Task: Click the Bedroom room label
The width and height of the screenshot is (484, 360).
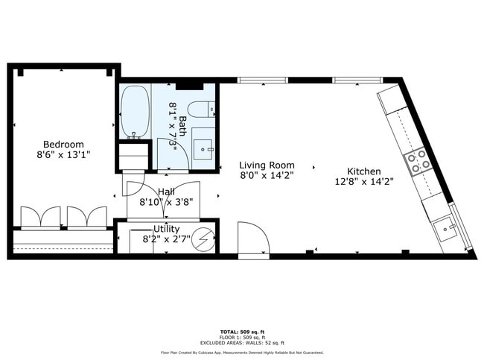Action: [63, 144]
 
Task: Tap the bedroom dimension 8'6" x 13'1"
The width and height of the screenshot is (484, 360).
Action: [63, 156]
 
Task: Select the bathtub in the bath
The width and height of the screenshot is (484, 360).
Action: [134, 112]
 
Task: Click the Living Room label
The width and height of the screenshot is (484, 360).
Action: [267, 165]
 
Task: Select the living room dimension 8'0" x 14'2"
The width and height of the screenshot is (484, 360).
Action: [267, 176]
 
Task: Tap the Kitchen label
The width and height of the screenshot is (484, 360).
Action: [363, 171]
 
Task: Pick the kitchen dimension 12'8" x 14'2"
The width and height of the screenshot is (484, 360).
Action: [363, 182]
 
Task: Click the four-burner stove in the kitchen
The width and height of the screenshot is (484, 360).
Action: [418, 161]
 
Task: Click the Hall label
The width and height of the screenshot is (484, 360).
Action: [166, 192]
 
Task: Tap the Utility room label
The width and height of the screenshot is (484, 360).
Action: [166, 228]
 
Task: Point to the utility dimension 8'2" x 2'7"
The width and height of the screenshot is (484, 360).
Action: [166, 241]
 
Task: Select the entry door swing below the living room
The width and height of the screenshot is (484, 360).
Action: [252, 241]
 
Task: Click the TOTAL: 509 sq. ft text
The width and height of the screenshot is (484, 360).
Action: [242, 330]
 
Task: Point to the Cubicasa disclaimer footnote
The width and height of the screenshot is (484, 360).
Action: [242, 352]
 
